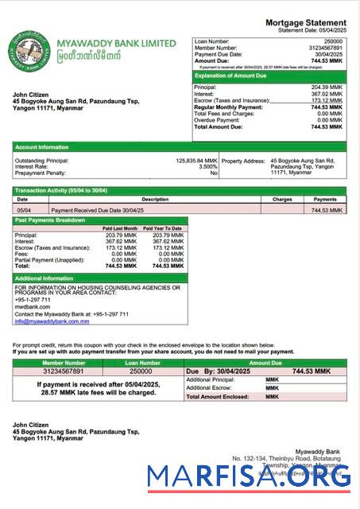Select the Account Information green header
click(42, 147)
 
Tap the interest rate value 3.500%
click(208, 166)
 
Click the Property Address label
click(243, 160)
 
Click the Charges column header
click(282, 200)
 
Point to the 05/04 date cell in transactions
click(25, 210)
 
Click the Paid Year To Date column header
click(168, 228)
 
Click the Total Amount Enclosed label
click(215, 396)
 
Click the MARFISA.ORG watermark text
click(249, 477)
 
